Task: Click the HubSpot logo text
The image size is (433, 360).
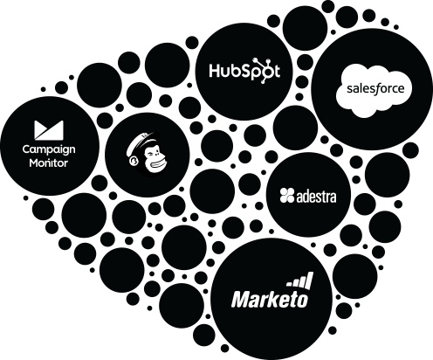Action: pos(244,71)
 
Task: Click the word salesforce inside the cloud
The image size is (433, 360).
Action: pos(375,88)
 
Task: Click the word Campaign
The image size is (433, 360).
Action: pos(49,150)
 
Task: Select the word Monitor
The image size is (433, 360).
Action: pos(49,163)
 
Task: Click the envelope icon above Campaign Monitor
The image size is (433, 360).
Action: pos(49,130)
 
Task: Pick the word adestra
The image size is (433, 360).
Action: pos(316,197)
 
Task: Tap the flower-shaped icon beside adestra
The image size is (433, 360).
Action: pos(287,196)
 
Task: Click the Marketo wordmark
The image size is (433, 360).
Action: pos(270,299)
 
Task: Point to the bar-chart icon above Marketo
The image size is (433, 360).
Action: pos(300,280)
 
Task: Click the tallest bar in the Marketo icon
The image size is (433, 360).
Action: pos(310,280)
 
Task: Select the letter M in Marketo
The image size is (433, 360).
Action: pos(241,299)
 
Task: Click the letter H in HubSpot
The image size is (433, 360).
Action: pos(215,71)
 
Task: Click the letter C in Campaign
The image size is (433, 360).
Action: pos(27,149)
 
